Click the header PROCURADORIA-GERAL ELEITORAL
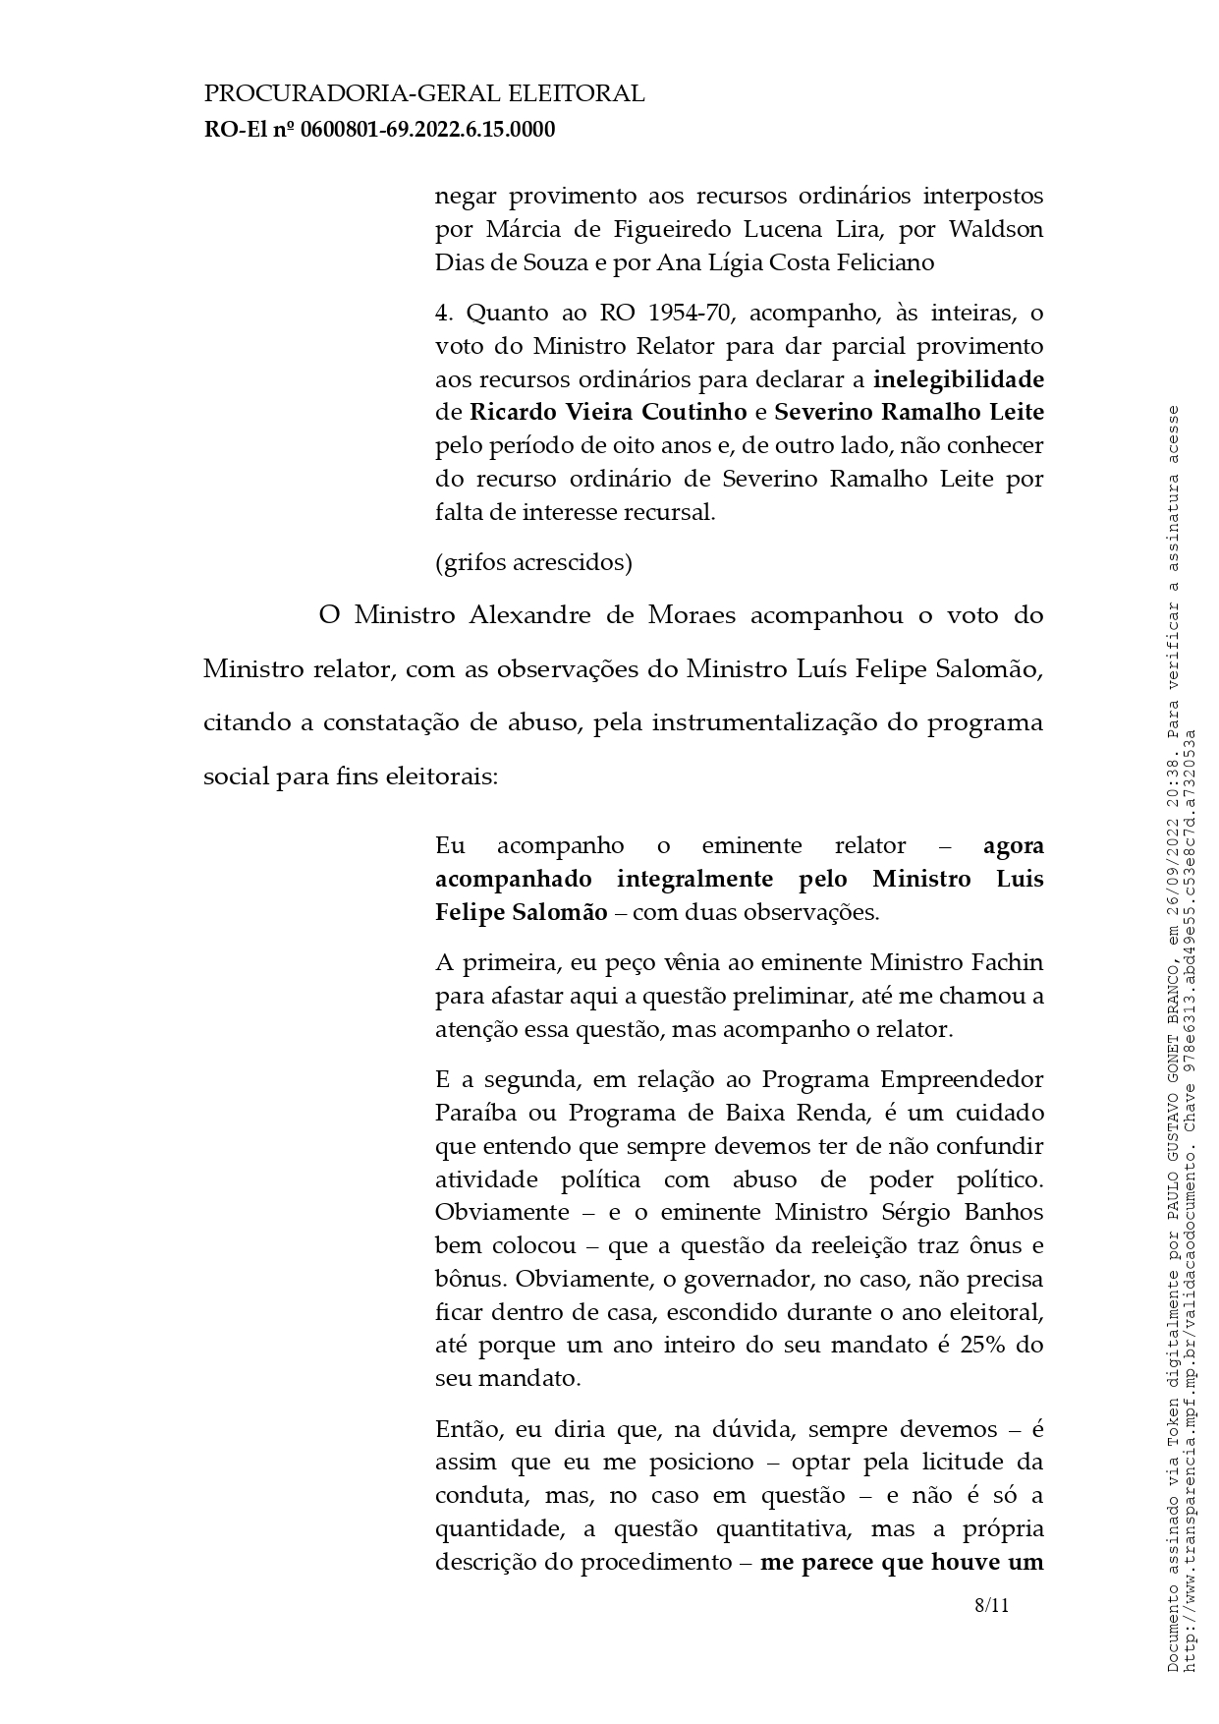[423, 94]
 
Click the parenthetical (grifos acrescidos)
[533, 562]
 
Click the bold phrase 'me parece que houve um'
[901, 1563]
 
